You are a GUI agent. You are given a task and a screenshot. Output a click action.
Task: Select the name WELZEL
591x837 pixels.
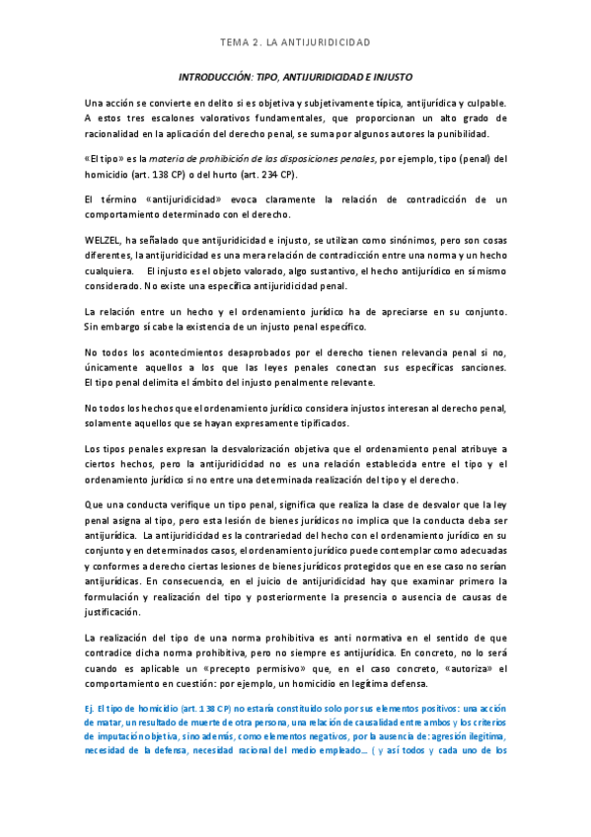pyautogui.click(x=105, y=240)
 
